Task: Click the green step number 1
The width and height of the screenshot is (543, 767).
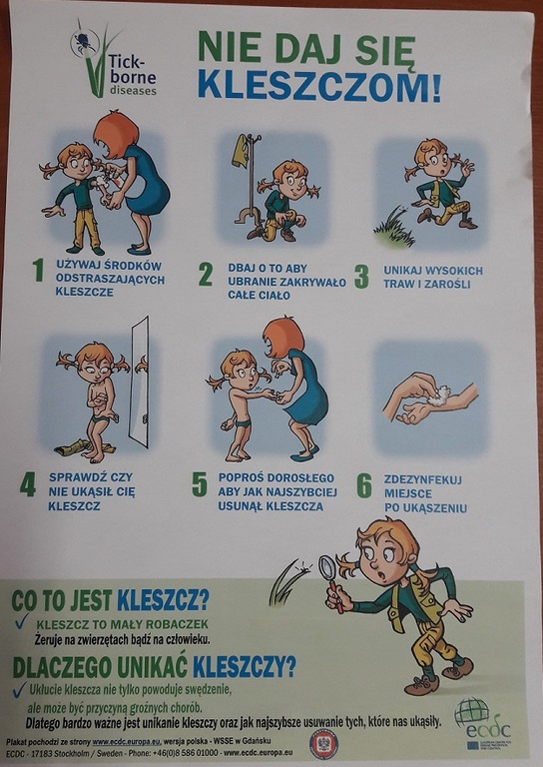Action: tap(38, 270)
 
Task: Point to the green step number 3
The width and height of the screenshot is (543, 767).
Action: tap(361, 276)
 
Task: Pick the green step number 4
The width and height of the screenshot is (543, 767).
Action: tap(28, 484)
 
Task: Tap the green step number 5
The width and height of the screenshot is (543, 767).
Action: tap(200, 484)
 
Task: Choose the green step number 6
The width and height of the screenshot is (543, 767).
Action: tap(364, 485)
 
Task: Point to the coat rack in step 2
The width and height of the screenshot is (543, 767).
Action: tap(245, 180)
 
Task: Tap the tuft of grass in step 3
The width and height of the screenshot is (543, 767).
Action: tap(393, 232)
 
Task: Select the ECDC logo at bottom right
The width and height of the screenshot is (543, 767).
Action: tap(481, 725)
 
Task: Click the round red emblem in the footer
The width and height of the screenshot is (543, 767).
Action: tap(323, 743)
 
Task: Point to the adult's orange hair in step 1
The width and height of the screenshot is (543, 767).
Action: tap(116, 131)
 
